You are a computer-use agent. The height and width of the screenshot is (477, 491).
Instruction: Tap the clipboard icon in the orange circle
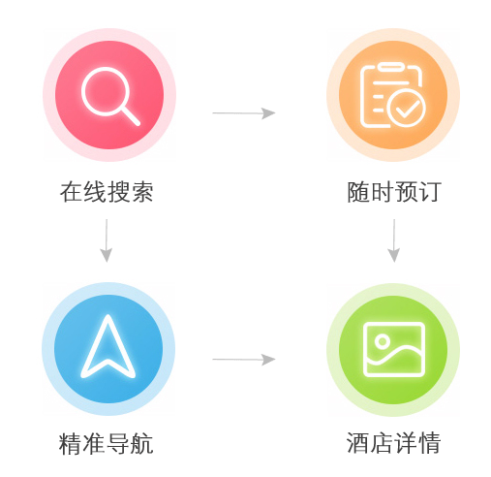375,96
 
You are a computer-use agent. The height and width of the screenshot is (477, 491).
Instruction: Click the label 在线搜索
107,192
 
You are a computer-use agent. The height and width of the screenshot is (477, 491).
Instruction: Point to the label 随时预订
394,192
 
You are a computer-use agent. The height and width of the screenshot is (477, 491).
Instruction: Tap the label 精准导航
106,444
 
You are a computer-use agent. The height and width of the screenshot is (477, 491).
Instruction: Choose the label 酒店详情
393,443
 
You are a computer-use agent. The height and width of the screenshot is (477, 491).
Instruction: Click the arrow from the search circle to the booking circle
244,113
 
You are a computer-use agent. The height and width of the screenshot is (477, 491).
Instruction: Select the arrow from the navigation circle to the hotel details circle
244,360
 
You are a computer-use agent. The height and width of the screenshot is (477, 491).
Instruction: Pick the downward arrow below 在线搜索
107,240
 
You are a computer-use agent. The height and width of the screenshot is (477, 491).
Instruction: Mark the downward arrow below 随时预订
394,240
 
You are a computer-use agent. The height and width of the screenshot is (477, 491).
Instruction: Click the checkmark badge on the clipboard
407,108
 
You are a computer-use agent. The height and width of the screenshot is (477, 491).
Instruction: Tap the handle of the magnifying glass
132,116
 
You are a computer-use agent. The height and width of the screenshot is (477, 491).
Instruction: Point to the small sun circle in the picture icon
383,341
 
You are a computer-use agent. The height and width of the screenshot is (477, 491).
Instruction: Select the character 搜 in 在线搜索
118,192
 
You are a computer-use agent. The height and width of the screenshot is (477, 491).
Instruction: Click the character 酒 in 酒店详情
358,443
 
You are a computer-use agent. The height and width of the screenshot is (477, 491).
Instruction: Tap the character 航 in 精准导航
141,444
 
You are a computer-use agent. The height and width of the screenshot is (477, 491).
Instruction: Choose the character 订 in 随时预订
430,192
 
